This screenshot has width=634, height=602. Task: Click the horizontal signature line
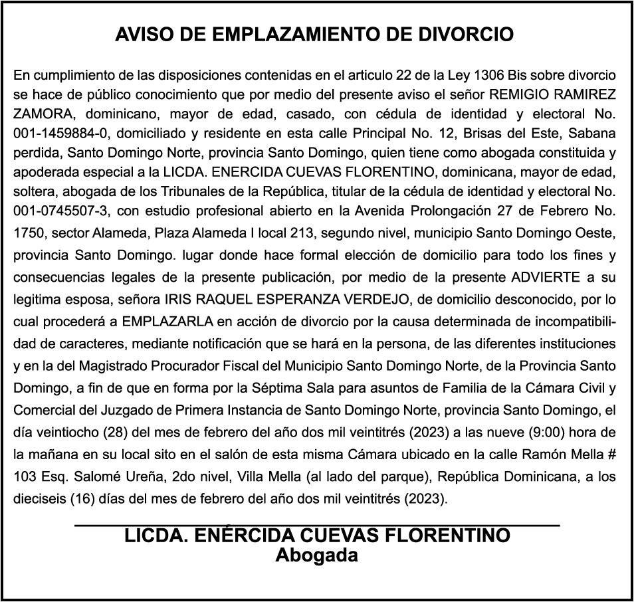316,526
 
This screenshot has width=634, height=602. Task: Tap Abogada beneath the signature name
317,555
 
